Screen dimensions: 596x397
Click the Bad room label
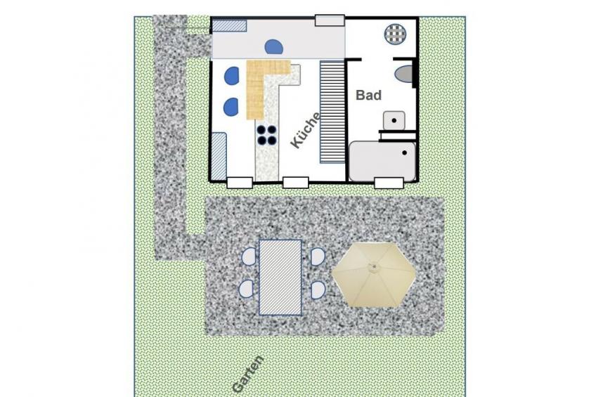pos(368,95)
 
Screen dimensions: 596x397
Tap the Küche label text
pos(306,130)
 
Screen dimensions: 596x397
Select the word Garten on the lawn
pos(248,374)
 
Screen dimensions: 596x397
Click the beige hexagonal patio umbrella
pos(374,275)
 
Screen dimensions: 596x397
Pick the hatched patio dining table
pos(280,278)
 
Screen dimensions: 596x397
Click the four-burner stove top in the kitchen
pos(266,135)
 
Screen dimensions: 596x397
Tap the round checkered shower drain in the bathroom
pos(395,34)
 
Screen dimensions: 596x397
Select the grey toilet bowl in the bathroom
pos(404,74)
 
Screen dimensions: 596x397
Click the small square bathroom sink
pos(394,120)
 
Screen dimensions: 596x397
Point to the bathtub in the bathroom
pos(382,162)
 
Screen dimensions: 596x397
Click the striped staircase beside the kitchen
pos(332,112)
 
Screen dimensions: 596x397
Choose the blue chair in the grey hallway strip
pos(273,47)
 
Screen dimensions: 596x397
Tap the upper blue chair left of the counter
pos(231,76)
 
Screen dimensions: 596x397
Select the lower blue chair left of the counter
pos(231,107)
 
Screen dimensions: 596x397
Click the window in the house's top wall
pos(330,20)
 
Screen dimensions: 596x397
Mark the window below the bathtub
pos(389,183)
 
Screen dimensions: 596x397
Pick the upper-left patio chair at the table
pos(250,256)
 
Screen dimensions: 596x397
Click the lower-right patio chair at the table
pos(318,290)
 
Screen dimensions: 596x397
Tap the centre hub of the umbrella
pos(374,267)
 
